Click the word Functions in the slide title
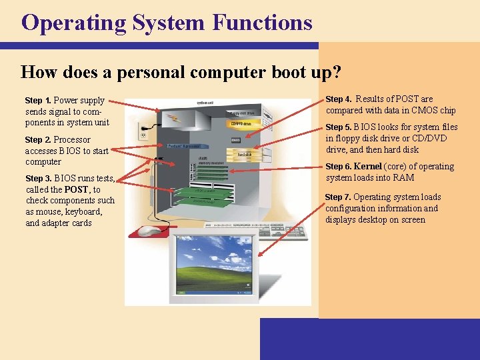point(262,23)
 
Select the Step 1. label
point(38,101)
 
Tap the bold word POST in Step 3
point(76,189)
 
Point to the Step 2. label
point(38,140)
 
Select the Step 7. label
point(338,197)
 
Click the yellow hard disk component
point(245,154)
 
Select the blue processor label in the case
point(183,145)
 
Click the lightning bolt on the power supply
point(175,118)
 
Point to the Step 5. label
point(338,127)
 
